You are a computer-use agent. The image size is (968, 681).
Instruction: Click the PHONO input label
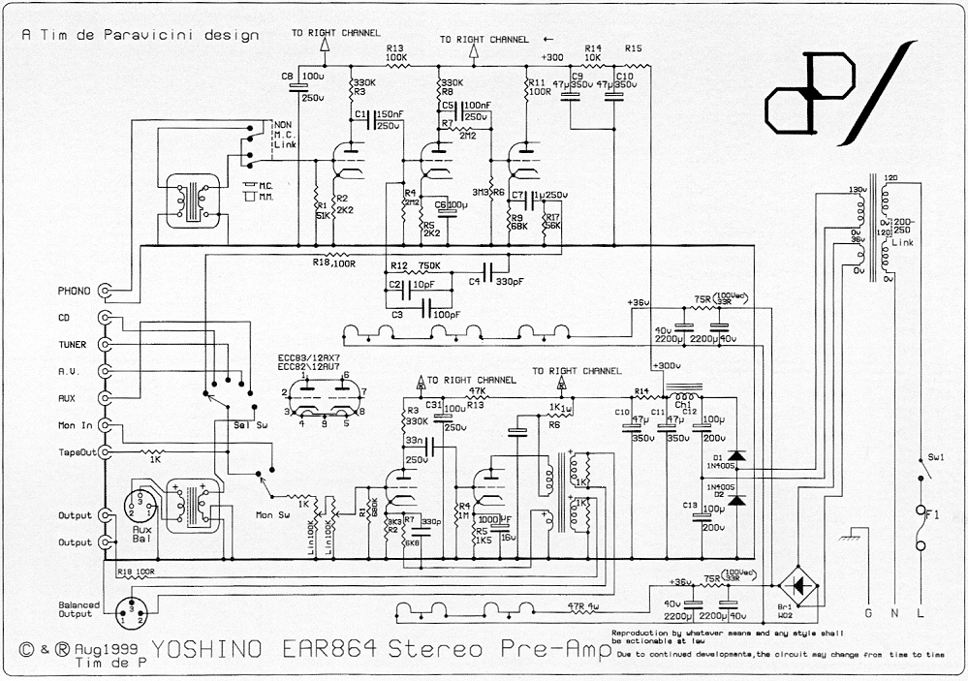[x=74, y=291]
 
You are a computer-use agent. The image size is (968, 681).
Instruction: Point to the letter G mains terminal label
[x=867, y=613]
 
